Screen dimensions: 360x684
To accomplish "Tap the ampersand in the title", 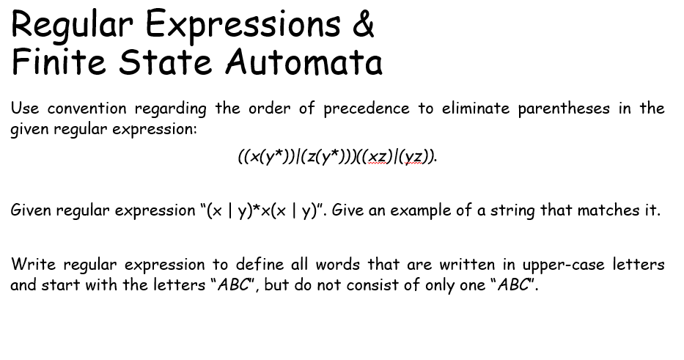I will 364,24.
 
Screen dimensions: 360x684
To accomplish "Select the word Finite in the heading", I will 59,62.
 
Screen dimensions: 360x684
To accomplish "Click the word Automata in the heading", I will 304,62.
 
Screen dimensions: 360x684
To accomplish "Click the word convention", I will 87,109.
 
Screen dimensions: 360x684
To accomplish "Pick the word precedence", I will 366,109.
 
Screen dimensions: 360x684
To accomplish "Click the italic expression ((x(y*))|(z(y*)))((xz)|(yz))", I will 337,156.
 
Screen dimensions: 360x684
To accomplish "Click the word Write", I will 33,264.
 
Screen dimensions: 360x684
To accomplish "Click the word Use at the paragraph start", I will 25,109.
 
